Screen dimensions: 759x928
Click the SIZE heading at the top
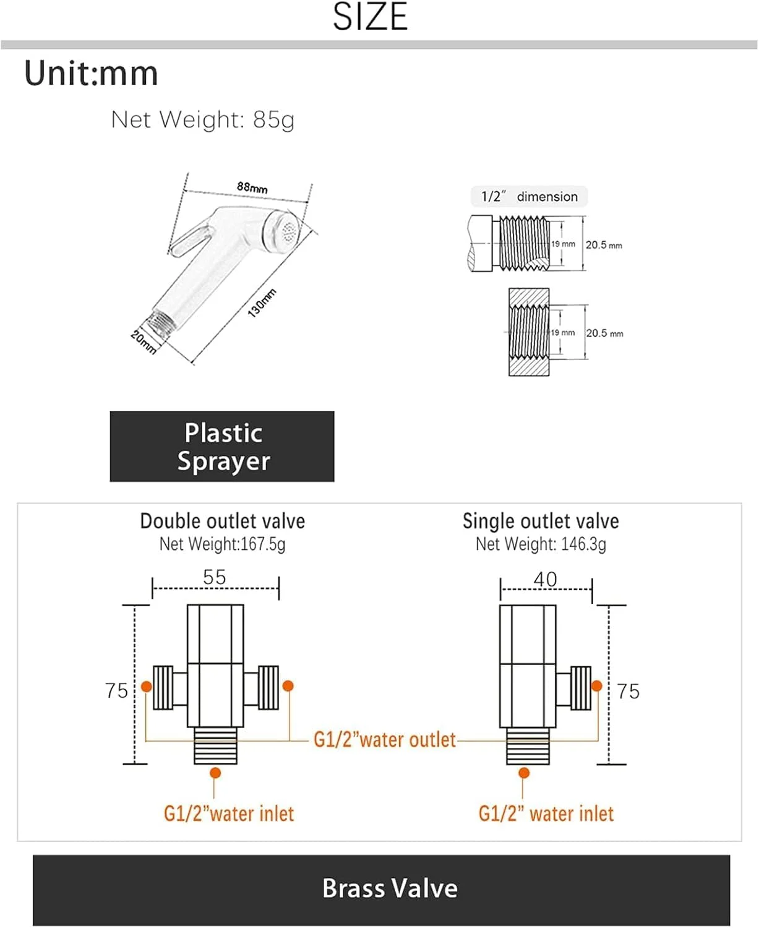370,17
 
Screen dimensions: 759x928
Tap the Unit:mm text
91,73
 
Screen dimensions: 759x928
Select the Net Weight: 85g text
203,119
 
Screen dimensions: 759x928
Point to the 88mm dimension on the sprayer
252,187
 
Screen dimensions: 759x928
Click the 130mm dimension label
262,303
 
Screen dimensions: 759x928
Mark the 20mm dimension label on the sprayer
144,342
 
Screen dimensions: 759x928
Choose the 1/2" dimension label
529,196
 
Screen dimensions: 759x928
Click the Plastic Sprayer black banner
221,446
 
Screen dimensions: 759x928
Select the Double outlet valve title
222,521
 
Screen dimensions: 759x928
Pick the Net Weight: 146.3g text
541,544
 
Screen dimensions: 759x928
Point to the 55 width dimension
214,577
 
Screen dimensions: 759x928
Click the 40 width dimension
545,580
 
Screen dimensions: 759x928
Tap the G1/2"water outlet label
385,739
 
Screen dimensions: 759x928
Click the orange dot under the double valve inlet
215,773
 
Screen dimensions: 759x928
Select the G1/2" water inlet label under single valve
546,814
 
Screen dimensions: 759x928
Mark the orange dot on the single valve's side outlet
597,685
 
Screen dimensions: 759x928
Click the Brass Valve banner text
390,888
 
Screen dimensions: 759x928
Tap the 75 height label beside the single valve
628,691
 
